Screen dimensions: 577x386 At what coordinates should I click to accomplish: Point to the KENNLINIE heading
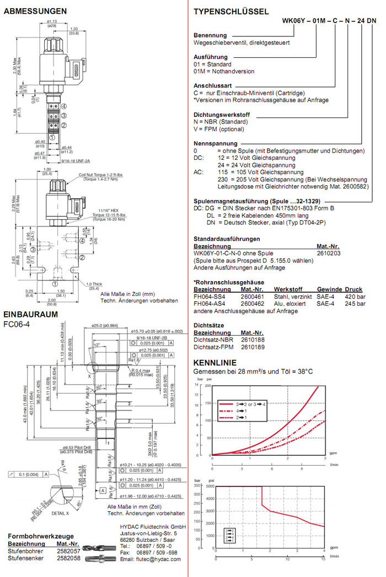215,363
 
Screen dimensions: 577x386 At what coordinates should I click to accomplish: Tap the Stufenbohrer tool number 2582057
69,551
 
